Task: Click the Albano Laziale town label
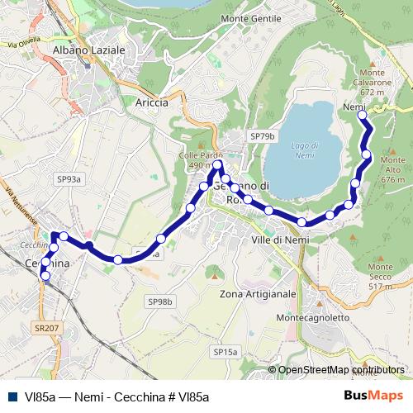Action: click(x=88, y=50)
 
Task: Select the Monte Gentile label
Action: click(x=246, y=41)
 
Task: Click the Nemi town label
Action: click(x=354, y=107)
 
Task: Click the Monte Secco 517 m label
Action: click(x=381, y=272)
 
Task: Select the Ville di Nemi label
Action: click(x=278, y=240)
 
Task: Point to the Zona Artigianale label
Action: click(x=259, y=294)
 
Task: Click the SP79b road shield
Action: click(x=263, y=135)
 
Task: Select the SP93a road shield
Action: click(x=69, y=178)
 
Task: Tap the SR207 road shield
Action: click(x=48, y=328)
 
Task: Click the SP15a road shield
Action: click(x=225, y=352)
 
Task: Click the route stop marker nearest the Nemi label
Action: click(x=361, y=117)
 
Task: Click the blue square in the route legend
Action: click(x=13, y=396)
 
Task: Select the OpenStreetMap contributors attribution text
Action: click(x=341, y=370)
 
